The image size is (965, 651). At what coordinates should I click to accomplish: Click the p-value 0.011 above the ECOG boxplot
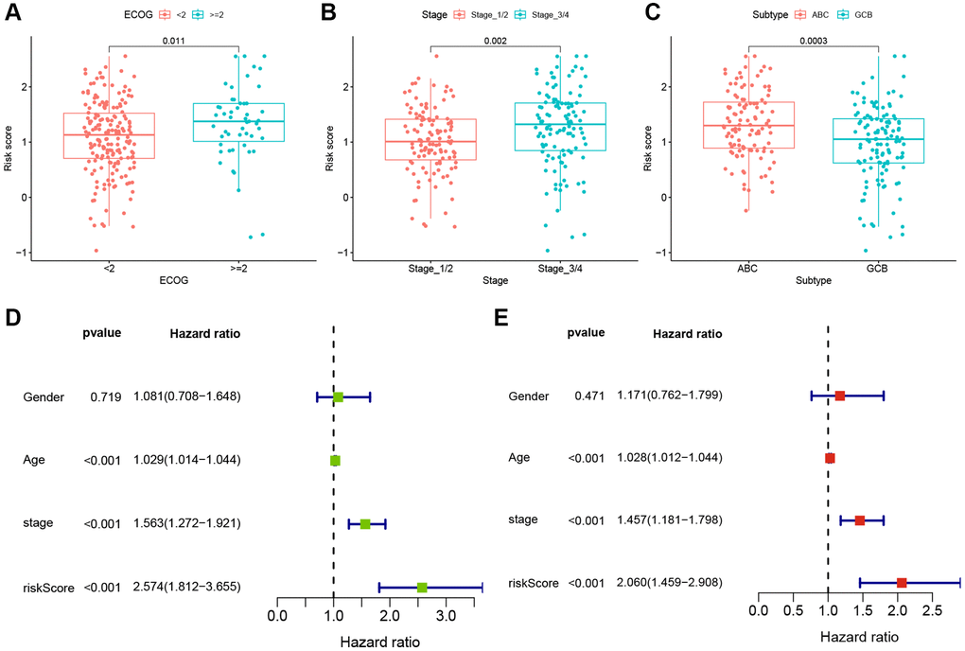[x=173, y=42]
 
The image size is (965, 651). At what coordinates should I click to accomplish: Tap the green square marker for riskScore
[x=422, y=588]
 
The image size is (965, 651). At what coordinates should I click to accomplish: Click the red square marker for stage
[x=860, y=520]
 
